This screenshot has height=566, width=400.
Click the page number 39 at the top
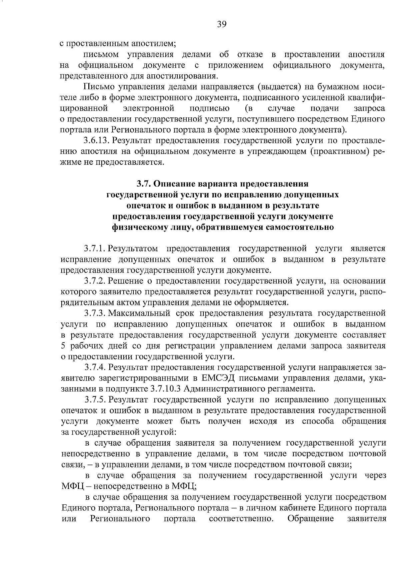[222, 24]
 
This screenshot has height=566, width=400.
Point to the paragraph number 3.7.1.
[95, 248]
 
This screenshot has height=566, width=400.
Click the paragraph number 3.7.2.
[95, 281]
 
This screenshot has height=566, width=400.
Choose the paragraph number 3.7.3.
[95, 313]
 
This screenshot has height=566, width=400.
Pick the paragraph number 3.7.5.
[95, 400]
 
